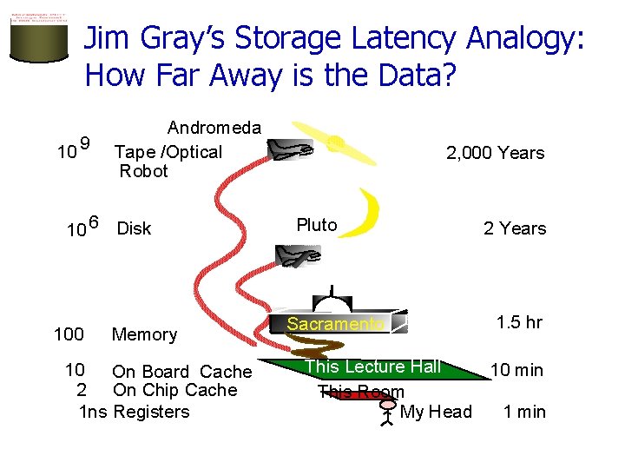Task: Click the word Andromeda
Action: point(214,128)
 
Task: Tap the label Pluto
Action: point(316,225)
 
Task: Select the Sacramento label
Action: point(335,324)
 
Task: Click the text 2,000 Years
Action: point(495,153)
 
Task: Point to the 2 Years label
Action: point(515,228)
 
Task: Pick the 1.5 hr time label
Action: point(519,322)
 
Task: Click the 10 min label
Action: point(516,370)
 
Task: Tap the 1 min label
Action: point(524,412)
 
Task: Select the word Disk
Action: point(134,228)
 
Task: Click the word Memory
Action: point(144,334)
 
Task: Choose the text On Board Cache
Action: point(181,372)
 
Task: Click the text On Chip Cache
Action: point(174,391)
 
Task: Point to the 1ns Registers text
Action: point(134,412)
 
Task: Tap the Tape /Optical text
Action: point(168,152)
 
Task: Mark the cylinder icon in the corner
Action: point(39,42)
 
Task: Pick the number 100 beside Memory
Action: point(69,334)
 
